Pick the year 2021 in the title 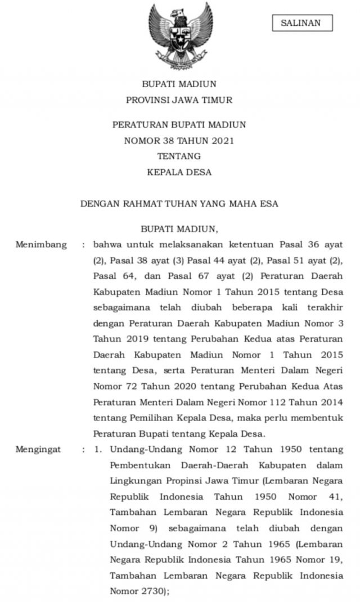coord(222,141)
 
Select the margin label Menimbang coord(41,245)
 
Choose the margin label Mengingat coord(38,450)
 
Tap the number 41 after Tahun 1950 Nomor coord(335,497)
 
